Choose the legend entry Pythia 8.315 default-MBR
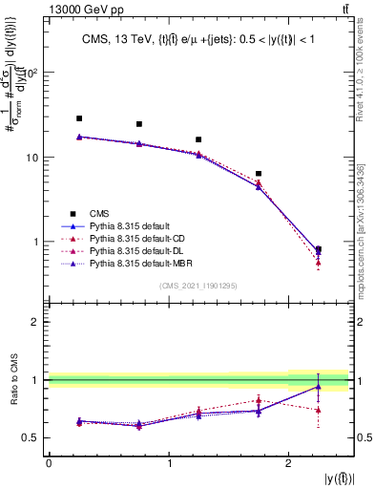click(x=137, y=261)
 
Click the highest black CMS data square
click(x=79, y=118)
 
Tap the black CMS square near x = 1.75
click(x=259, y=174)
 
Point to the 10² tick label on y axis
click(x=31, y=73)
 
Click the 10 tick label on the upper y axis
click(x=33, y=157)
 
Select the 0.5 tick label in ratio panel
click(x=31, y=437)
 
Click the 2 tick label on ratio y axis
click(x=35, y=322)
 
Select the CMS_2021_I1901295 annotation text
click(x=198, y=286)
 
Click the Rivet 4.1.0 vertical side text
click(x=365, y=67)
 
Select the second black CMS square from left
click(x=139, y=124)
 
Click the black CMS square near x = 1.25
click(x=198, y=139)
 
